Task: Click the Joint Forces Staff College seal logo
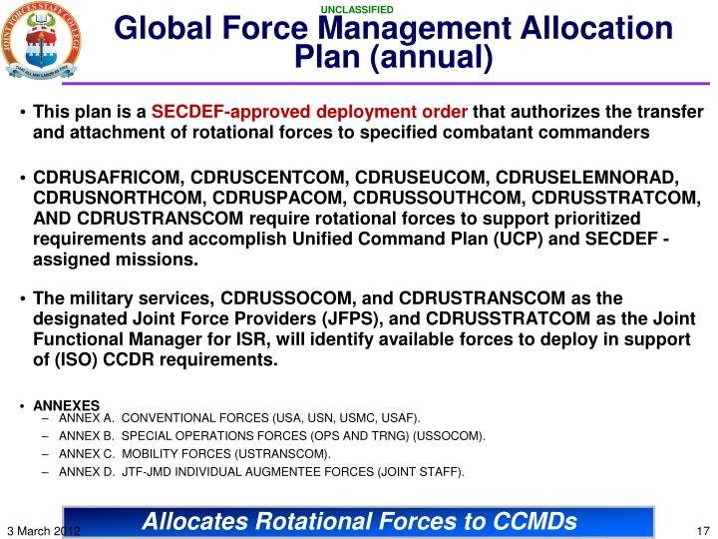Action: click(x=41, y=41)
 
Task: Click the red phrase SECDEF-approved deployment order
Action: click(x=309, y=112)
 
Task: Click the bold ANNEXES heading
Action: click(x=67, y=405)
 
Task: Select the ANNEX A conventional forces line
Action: click(x=239, y=417)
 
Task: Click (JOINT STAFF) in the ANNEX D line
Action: click(x=420, y=472)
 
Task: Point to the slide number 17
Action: click(x=701, y=529)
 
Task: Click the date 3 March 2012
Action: click(x=42, y=529)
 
